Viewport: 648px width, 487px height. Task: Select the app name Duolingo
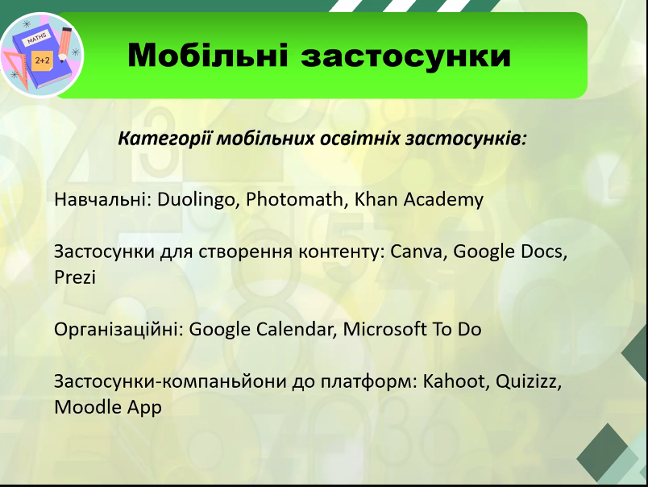pos(197,200)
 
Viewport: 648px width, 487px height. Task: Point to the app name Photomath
pos(294,199)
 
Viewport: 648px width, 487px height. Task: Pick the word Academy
pos(443,200)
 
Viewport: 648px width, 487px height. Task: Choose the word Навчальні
pos(102,199)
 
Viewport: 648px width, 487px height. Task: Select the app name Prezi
pos(75,277)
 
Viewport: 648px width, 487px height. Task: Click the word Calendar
pos(295,330)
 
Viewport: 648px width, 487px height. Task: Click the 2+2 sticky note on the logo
pos(42,60)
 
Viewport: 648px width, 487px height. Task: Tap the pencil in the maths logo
pos(65,44)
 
